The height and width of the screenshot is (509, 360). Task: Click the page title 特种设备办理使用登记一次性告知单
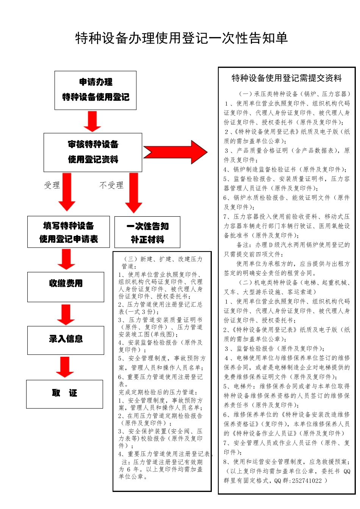pos(182,38)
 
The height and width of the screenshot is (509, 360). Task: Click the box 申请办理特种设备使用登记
pos(95,90)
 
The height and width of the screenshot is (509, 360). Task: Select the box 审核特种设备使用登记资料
pos(93,152)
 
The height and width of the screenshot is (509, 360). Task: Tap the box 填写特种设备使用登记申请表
pos(69,232)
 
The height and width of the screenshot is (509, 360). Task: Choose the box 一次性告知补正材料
pos(147,232)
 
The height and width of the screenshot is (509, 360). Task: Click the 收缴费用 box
pos(66,287)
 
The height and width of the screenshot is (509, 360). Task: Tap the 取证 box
pos(64,394)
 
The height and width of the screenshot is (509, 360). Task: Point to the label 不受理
pos(111,185)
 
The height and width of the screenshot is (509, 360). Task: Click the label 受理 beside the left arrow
pos(52,185)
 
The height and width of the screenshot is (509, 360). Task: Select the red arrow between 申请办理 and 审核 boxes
pos(92,121)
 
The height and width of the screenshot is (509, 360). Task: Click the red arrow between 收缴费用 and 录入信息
pos(66,314)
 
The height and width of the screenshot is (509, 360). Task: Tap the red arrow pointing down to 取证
pos(65,367)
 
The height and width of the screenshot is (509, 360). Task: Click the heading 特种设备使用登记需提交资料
pos(286,78)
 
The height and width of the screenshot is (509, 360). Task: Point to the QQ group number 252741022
pos(307,481)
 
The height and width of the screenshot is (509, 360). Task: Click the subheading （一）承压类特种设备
pos(294,94)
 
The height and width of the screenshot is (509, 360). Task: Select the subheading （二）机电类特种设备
pos(294,283)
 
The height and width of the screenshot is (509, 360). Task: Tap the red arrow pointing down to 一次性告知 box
pos(134,192)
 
